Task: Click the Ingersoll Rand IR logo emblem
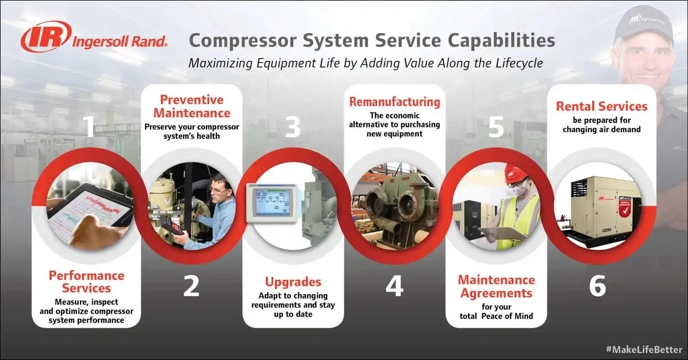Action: coord(46,36)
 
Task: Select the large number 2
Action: coord(191,286)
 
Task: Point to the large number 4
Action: coord(394,286)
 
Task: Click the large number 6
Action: coord(598,286)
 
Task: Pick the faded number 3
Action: coord(293,127)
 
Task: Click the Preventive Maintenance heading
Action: coord(192,106)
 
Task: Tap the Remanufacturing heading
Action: coord(395,102)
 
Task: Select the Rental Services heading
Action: coord(601,106)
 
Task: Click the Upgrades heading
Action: coord(293,282)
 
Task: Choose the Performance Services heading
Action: coord(86,282)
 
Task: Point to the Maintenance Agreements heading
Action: coord(496,286)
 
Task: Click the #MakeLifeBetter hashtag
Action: coord(644,350)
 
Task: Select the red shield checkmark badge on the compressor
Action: coord(625,209)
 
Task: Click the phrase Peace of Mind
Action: coord(507,316)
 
